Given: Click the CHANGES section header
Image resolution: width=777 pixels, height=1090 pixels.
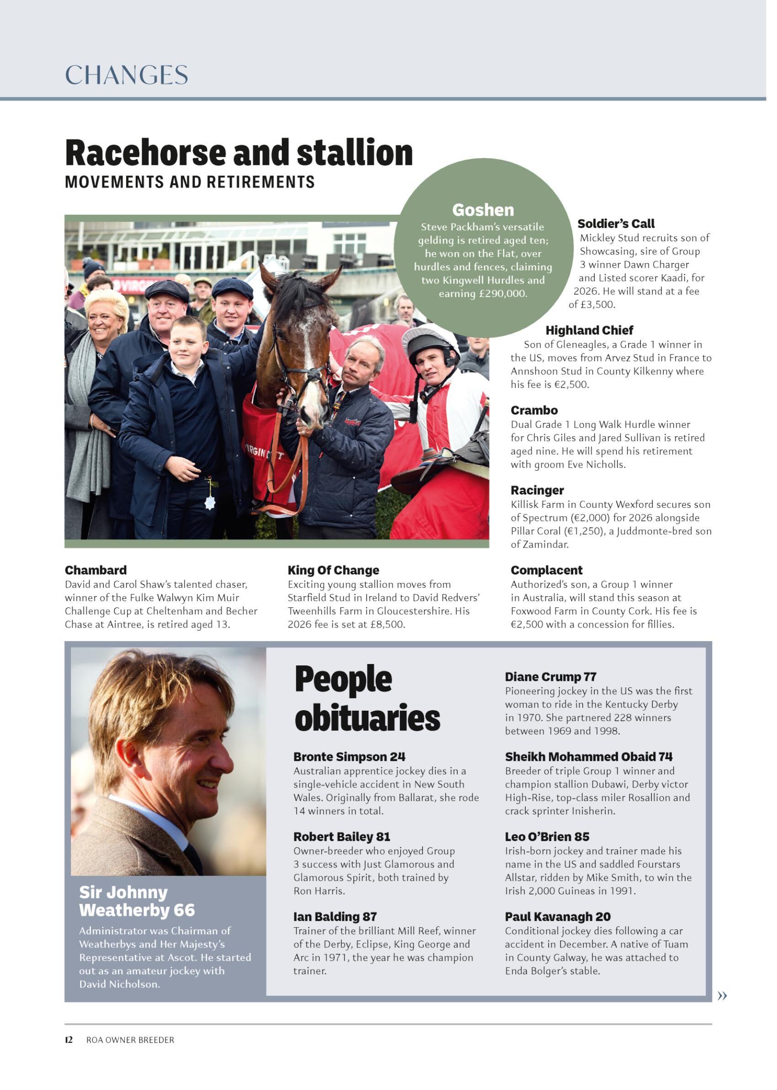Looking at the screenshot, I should point(126,75).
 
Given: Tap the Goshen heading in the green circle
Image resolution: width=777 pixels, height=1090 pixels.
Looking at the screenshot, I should point(483,210).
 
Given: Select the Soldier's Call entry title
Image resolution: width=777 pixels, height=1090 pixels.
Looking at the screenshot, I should point(616,224).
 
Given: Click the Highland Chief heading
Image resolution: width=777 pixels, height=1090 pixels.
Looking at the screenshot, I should point(589,330).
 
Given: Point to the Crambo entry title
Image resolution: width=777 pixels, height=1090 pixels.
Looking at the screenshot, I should point(534,410).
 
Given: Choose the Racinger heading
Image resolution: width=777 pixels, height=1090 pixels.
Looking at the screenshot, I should point(537,490).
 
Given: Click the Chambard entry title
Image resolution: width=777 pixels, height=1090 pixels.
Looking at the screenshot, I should point(96,570).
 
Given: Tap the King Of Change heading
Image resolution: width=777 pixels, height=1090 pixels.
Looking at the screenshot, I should point(333,570).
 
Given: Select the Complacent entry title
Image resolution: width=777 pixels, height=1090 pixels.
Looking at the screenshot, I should point(546,570).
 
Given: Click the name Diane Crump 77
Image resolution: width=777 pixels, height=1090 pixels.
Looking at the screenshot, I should point(550,677).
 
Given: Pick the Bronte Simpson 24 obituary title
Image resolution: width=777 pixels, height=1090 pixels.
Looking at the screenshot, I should point(349,757).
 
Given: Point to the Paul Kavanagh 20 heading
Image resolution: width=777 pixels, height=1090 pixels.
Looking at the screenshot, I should point(558,916).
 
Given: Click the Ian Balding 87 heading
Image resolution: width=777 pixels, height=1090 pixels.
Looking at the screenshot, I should point(335,916).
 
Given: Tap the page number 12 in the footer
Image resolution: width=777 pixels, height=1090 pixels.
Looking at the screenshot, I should point(69,1040).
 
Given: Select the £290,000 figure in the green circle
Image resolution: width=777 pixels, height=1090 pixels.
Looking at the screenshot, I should point(502,294).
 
